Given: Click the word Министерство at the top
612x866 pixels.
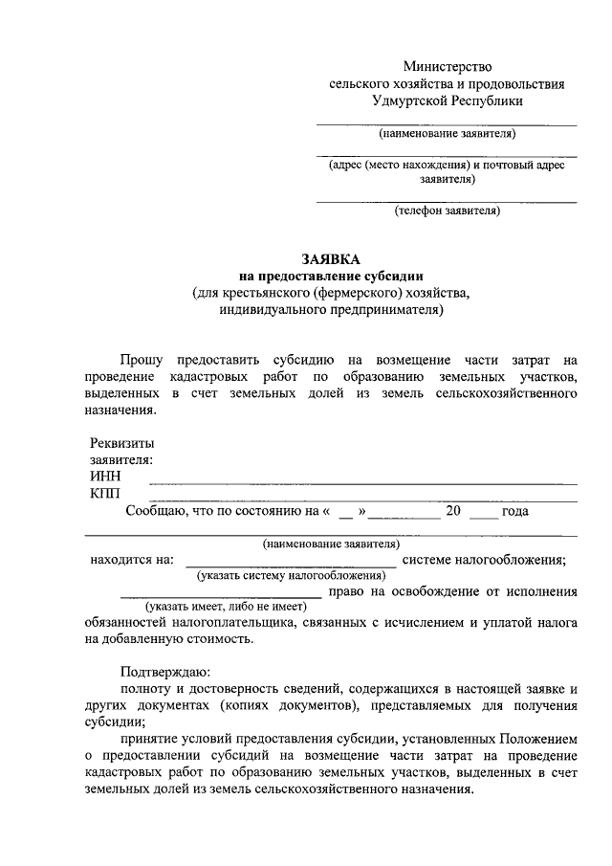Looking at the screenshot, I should (447, 67).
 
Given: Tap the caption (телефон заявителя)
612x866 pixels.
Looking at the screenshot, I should (447, 211).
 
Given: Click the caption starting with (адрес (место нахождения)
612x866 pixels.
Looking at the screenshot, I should (447, 165).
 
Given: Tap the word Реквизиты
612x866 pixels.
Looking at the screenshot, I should (121, 443).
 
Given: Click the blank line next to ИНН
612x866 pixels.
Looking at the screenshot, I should (363, 482).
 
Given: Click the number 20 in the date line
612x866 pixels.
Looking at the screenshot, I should (453, 511).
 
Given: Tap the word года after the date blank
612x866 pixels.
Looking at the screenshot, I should (515, 511).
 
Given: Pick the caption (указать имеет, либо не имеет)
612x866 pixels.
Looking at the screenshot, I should (221, 607).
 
